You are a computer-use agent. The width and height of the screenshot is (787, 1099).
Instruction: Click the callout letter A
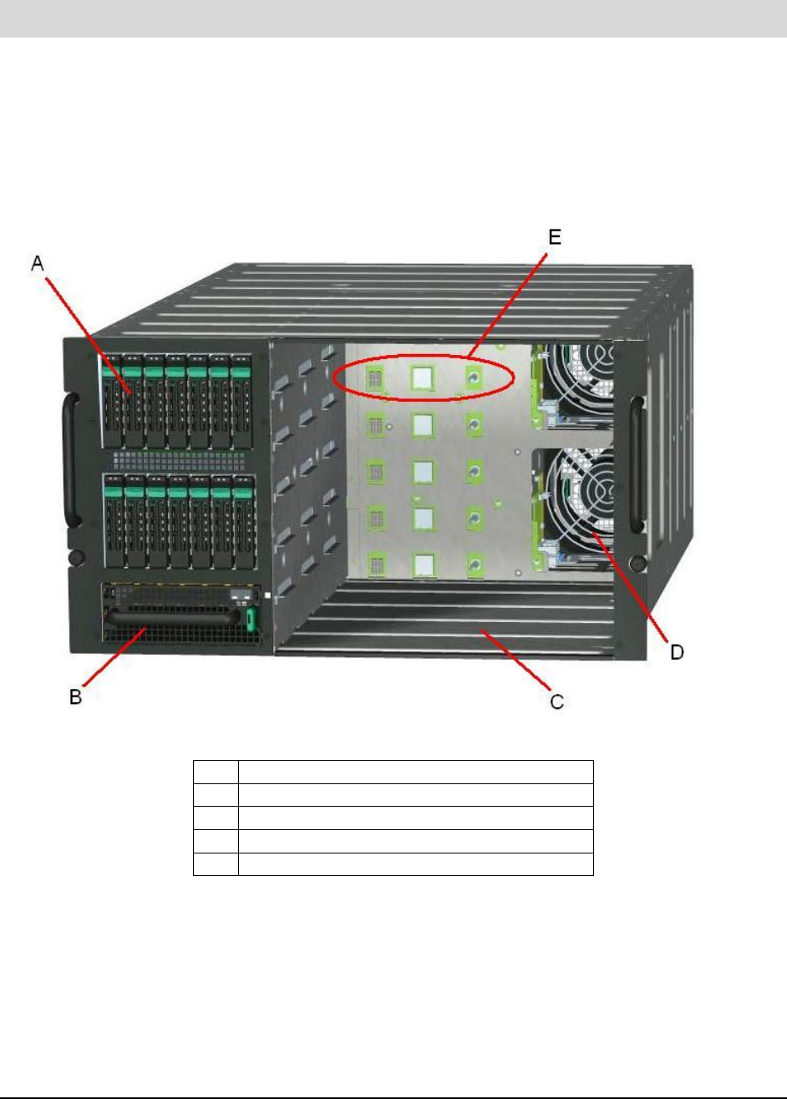[x=38, y=265]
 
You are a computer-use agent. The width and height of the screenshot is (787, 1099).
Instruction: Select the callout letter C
[x=556, y=701]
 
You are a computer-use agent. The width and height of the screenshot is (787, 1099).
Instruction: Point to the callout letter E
[x=554, y=238]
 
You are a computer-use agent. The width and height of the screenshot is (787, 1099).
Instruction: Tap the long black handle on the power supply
[x=175, y=619]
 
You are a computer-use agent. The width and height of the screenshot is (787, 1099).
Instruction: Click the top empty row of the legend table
[x=393, y=772]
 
